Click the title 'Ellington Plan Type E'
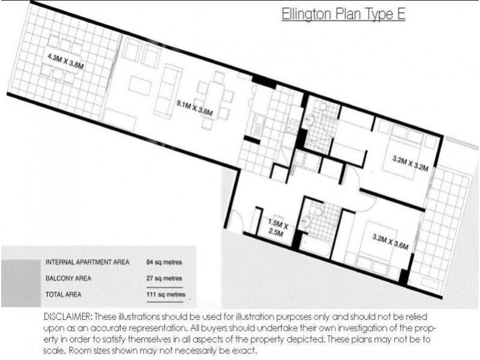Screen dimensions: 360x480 (x=343, y=14)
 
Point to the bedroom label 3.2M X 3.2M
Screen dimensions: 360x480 (x=410, y=164)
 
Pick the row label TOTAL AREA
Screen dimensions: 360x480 (x=63, y=295)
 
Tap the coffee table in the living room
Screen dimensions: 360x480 (x=139, y=85)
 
